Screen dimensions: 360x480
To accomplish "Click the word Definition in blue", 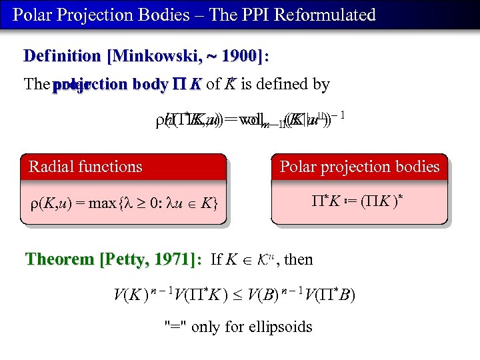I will (63, 56).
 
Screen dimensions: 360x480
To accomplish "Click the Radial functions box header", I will (85, 166).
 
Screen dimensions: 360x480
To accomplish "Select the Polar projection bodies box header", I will (360, 166).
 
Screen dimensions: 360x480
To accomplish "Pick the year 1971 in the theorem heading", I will (176, 259).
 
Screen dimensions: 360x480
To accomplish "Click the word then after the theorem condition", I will (299, 259).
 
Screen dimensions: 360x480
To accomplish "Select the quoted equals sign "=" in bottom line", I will (175, 327).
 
